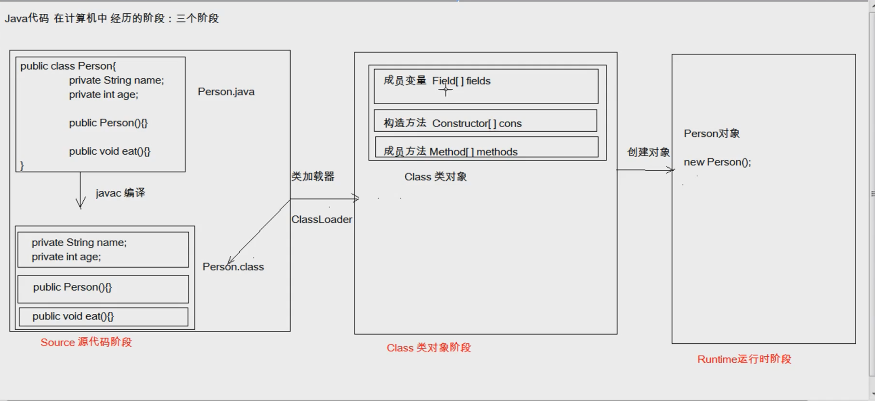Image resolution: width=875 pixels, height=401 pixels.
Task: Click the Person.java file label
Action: point(226,92)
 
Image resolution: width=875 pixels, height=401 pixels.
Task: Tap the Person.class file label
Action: point(233,267)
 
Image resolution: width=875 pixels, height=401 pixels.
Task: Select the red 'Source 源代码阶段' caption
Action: point(86,342)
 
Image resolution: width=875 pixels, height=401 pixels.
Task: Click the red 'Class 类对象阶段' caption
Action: point(428,348)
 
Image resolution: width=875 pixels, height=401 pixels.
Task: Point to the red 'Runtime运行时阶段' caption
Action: point(744,359)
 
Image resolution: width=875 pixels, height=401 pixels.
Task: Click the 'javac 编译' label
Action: point(120,193)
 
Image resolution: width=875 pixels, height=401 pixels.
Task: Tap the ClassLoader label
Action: point(322,220)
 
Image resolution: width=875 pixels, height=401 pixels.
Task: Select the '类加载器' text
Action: point(313,177)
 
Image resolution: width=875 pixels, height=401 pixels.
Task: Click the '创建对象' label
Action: point(648,152)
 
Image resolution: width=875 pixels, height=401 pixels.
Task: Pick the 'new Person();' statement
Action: point(717,162)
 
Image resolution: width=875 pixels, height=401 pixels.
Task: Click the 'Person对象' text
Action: point(711,134)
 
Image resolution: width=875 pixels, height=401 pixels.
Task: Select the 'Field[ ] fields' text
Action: point(461,81)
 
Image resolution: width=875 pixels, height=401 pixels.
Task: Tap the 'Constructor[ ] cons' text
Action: point(477,124)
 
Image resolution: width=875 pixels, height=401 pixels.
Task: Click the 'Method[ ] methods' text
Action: point(474,152)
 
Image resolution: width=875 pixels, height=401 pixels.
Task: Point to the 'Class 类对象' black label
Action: point(435,177)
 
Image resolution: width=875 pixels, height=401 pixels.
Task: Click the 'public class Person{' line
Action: point(68,66)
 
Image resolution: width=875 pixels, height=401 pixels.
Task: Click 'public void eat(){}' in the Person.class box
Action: point(73,317)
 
